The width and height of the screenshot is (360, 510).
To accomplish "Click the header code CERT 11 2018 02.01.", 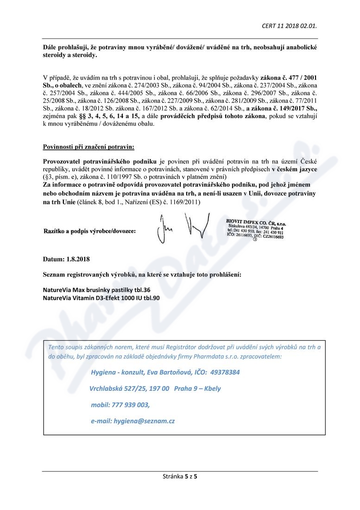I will click(289, 26).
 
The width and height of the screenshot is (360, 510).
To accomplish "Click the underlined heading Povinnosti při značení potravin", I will click(88, 147).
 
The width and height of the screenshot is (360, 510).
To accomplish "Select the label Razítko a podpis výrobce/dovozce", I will click(89, 231).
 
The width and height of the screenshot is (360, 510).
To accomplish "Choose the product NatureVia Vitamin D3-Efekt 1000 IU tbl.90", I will click(101, 298).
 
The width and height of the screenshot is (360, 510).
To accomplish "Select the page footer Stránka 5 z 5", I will click(180, 476).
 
